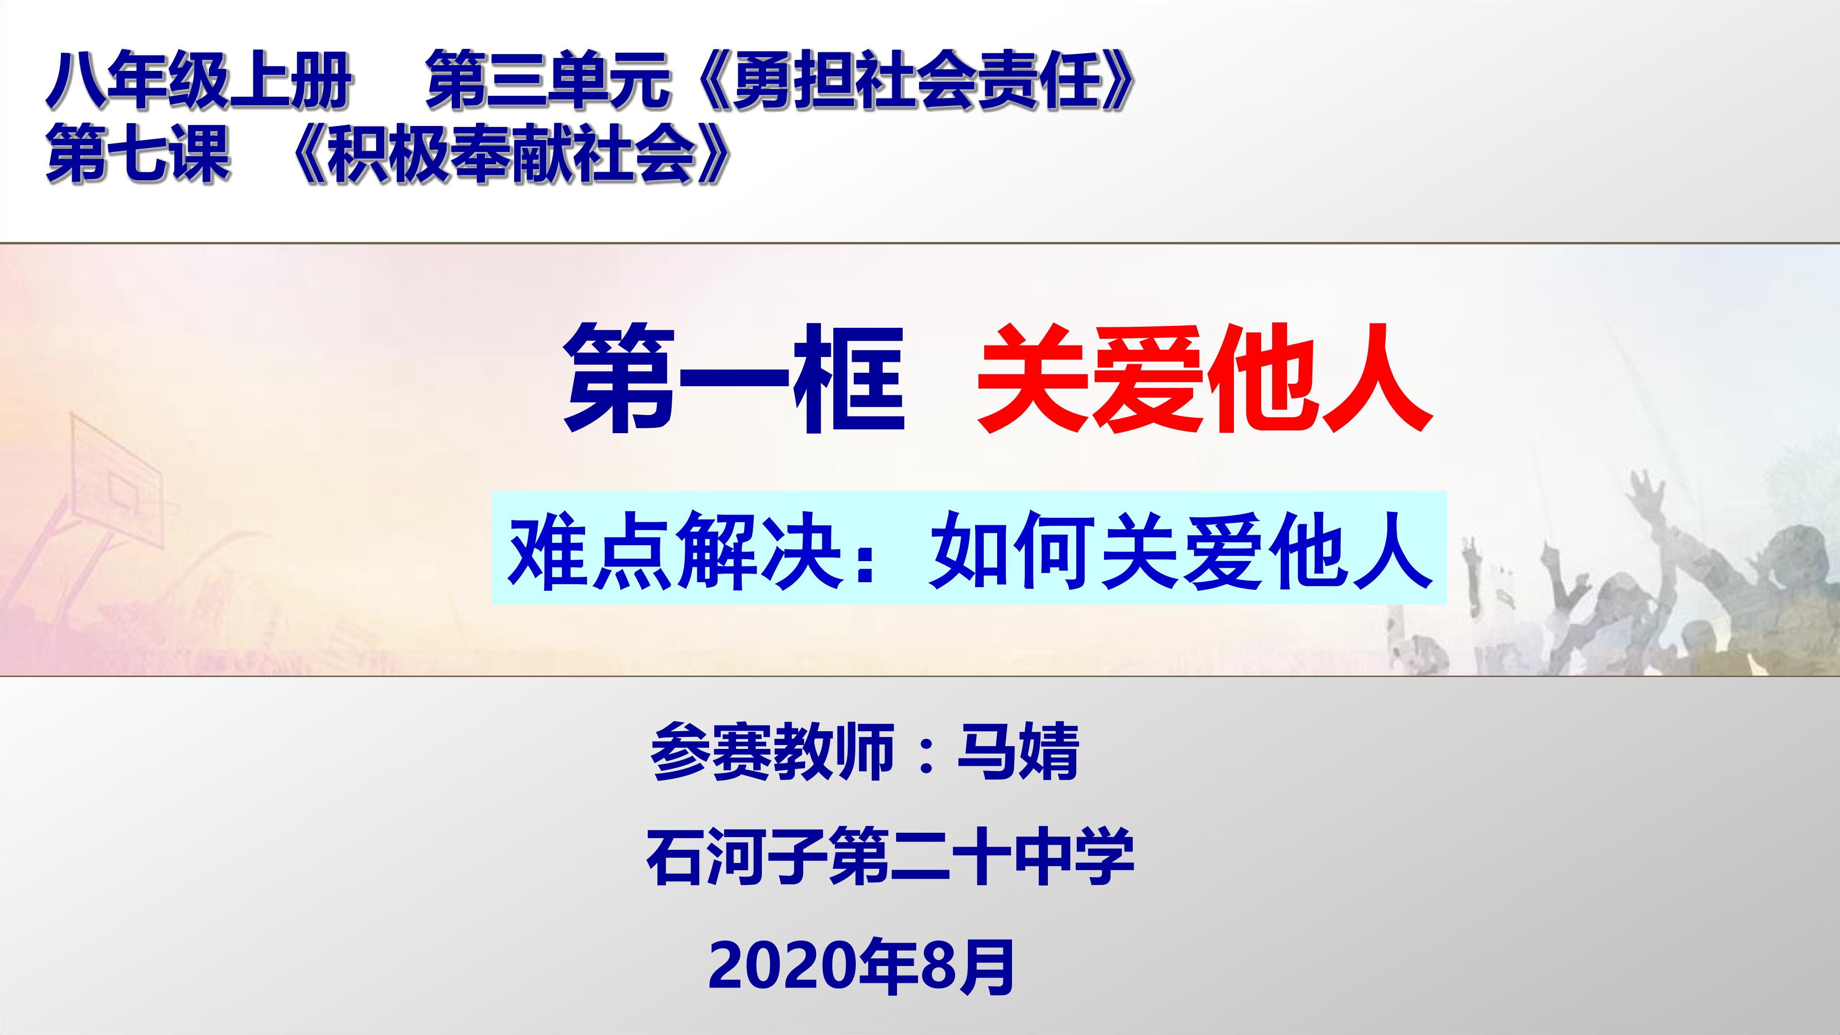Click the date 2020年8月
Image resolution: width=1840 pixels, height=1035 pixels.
pyautogui.click(x=862, y=968)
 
